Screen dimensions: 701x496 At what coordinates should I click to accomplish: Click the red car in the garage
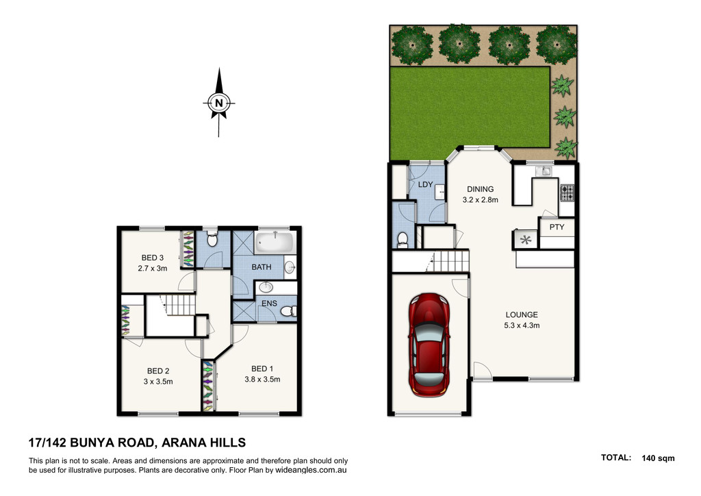point(429,345)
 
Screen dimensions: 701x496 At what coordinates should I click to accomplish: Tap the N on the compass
point(218,103)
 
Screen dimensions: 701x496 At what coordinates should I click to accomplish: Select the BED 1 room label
point(262,369)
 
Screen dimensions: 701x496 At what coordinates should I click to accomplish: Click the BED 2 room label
point(158,371)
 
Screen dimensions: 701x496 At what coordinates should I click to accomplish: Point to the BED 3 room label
point(153,258)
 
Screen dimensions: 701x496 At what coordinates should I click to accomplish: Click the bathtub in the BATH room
point(274,243)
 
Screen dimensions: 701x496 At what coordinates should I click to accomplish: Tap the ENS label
point(269,303)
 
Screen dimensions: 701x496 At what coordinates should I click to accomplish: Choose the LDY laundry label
point(425,184)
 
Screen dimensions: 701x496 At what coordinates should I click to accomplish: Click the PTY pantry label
point(557,227)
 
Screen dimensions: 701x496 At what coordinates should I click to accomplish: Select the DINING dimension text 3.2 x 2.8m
point(480,200)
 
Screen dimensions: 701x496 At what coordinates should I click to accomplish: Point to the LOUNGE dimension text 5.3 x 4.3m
point(522,325)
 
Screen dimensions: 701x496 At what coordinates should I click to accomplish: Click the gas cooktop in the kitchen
point(567,193)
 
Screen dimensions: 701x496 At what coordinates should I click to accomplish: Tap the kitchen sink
point(544,171)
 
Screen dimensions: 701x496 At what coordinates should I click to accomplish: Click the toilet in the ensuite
point(289,310)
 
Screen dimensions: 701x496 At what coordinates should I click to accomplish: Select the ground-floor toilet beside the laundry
point(403,240)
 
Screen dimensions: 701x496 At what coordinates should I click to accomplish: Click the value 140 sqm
point(658,458)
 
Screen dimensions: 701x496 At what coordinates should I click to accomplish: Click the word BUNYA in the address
point(93,443)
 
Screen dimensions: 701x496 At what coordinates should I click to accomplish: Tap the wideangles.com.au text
point(311,470)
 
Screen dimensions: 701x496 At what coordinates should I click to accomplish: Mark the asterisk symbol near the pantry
point(526,240)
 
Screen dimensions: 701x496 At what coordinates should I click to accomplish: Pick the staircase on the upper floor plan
point(180,305)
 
